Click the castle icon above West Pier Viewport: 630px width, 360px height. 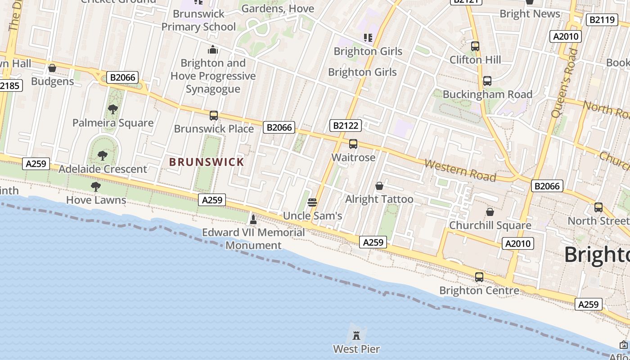356,335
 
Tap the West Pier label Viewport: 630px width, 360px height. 356,349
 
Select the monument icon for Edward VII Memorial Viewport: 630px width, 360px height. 253,220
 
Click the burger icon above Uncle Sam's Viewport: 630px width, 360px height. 312,202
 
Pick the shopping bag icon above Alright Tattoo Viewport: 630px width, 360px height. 379,186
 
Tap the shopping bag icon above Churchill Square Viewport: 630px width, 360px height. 490,211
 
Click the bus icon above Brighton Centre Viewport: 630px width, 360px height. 479,277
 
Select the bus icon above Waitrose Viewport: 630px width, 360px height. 353,144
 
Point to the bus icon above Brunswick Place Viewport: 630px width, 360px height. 214,116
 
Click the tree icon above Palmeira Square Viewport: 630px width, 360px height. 113,109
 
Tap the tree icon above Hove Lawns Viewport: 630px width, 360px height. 95,186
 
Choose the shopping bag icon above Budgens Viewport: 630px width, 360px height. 52,68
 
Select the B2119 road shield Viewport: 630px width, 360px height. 602,20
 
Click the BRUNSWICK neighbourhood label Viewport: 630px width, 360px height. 207,162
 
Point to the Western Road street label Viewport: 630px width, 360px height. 460,170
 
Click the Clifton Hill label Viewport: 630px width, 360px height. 475,60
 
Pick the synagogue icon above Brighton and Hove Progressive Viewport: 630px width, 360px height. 213,49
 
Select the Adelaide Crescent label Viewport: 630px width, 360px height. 103,169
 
